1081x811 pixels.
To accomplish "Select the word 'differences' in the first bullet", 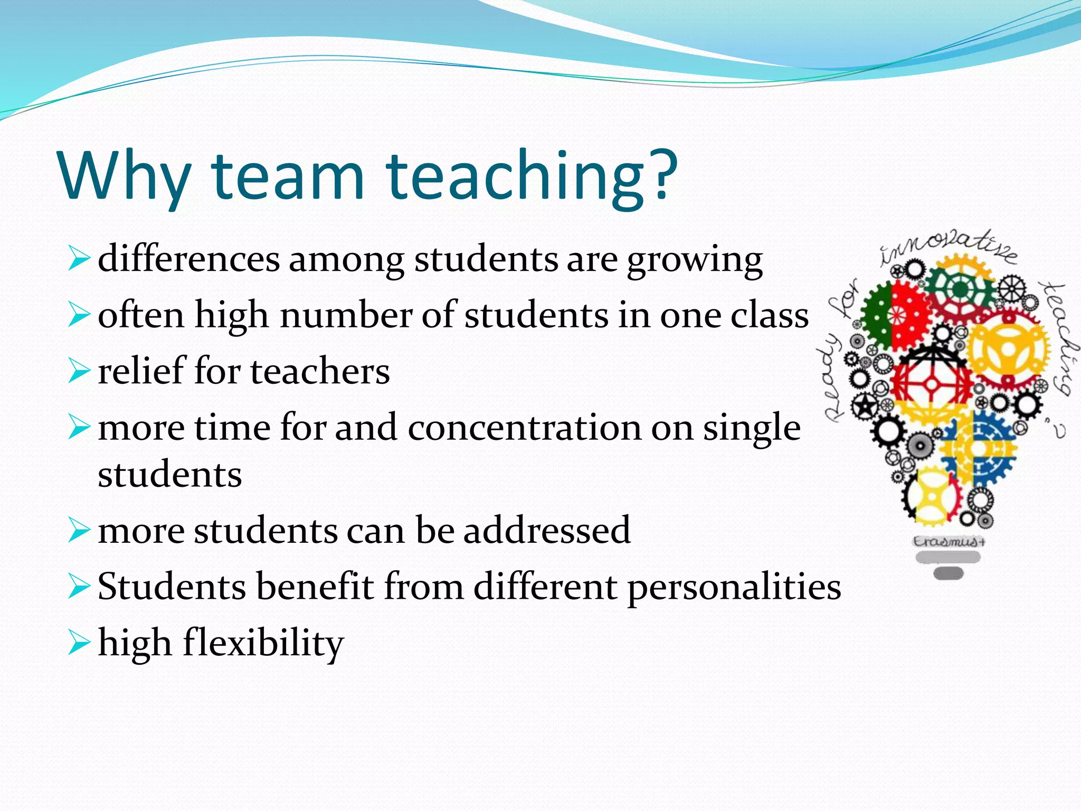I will coord(188,260).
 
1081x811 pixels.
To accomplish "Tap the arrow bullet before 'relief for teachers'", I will coord(79,372).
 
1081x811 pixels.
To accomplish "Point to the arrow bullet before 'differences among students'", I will coord(79,260).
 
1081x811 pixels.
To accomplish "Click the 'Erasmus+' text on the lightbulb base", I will coord(949,542).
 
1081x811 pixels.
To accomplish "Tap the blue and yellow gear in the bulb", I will coord(976,449).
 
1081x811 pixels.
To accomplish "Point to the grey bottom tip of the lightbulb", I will coord(949,573).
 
